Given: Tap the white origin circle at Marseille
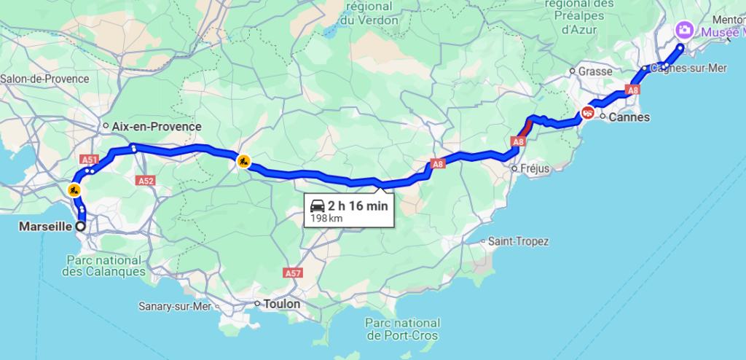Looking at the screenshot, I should point(80,226).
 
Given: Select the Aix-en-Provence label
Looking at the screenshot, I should point(157,126).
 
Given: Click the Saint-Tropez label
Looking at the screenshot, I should point(519,241).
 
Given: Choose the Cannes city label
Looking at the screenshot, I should point(629,117).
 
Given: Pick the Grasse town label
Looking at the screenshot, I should point(594,71).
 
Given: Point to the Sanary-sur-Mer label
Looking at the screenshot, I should point(175,306).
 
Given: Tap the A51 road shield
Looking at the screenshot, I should point(90,159).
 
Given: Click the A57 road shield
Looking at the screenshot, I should point(293,273).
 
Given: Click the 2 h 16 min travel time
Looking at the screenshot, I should point(358,206).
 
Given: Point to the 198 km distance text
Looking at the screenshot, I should point(326,218).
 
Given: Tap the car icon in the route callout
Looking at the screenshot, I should point(317,206).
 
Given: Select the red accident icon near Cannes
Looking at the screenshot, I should point(587,113).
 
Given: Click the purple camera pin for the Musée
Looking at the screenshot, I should point(685,31).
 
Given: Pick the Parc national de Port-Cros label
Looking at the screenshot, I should point(403,329).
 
